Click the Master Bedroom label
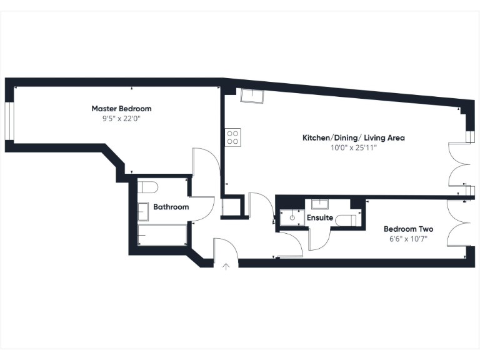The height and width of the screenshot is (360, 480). [121, 109]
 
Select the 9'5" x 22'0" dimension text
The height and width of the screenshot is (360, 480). [121, 118]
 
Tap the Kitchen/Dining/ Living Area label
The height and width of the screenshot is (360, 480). [354, 137]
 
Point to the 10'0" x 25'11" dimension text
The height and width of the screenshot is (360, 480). [354, 148]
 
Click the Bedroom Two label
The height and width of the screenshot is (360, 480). [408, 229]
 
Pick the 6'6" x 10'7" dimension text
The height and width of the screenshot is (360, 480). [408, 239]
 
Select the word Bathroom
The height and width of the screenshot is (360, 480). [171, 207]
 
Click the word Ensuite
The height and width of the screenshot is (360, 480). [319, 217]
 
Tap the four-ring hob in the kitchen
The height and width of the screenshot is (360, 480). [233, 136]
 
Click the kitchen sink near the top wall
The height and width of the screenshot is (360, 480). [252, 96]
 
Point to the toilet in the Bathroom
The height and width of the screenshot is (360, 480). [147, 186]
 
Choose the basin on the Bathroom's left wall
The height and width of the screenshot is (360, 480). [143, 212]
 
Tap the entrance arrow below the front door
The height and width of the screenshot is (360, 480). [226, 266]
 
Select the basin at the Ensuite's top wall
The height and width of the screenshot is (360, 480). [320, 203]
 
